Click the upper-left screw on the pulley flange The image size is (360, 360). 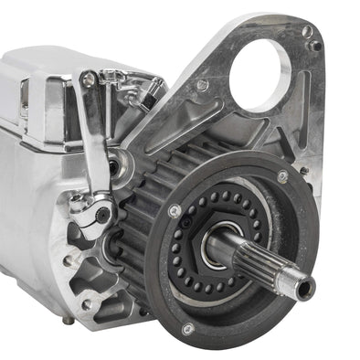tap(175, 211)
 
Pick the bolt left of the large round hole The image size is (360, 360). tap(202, 85)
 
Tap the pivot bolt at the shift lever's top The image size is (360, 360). tap(89, 81)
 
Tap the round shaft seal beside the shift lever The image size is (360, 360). tap(113, 167)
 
